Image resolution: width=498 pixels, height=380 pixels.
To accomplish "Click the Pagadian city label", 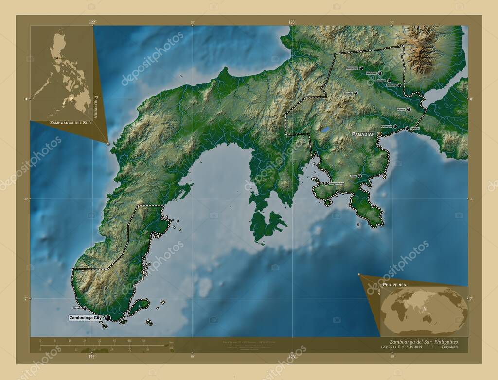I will [x=363, y=134].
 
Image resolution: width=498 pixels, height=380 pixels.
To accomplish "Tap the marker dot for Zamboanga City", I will [x=107, y=318].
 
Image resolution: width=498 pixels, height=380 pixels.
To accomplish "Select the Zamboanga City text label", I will [x=86, y=318].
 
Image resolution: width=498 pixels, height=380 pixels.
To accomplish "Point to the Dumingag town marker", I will [x=361, y=68].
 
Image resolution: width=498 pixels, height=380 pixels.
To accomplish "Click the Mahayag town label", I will [x=372, y=74].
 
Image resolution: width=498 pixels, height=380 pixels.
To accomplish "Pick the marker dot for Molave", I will [x=389, y=81].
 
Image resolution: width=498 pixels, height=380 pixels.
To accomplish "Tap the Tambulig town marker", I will [x=399, y=85].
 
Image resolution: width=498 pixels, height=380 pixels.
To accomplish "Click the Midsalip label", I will [x=347, y=93].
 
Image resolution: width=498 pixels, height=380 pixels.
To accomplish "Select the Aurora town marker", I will [x=409, y=109].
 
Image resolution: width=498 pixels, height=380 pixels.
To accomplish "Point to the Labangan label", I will [x=387, y=127].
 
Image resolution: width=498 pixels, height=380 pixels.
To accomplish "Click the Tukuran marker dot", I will [x=407, y=128].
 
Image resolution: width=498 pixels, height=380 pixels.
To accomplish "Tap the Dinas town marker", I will [x=360, y=176].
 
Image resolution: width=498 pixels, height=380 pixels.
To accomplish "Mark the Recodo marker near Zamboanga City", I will [x=85, y=308].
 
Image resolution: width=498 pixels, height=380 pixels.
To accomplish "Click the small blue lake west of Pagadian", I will [x=324, y=130].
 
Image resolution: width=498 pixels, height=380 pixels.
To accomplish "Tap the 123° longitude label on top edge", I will [x=292, y=22].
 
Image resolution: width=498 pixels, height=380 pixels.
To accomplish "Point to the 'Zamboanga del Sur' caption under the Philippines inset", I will [x=71, y=124].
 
